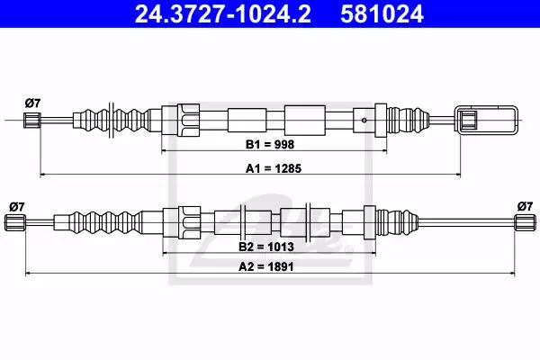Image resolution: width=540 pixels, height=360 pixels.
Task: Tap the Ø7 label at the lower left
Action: click(x=15, y=206)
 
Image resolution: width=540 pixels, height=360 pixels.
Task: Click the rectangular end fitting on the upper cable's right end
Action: click(x=487, y=120)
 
